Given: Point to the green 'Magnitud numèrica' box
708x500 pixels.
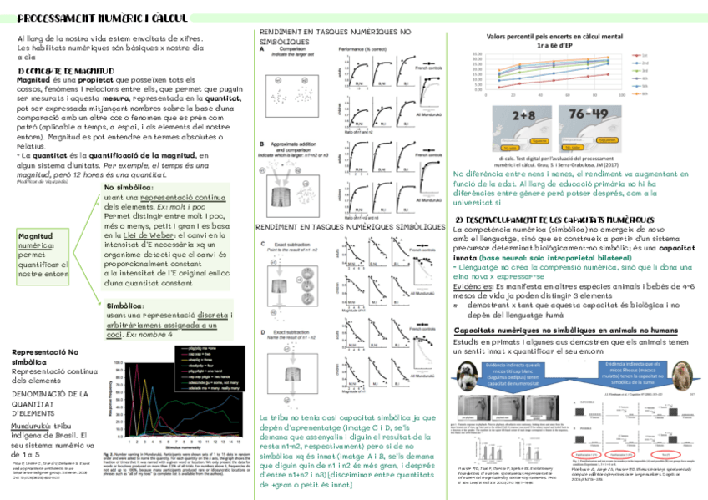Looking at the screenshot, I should pos(42,243).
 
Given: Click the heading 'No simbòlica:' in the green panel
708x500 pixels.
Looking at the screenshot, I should pos(129,188).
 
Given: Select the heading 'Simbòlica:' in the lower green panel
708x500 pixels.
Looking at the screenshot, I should pos(125,306).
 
